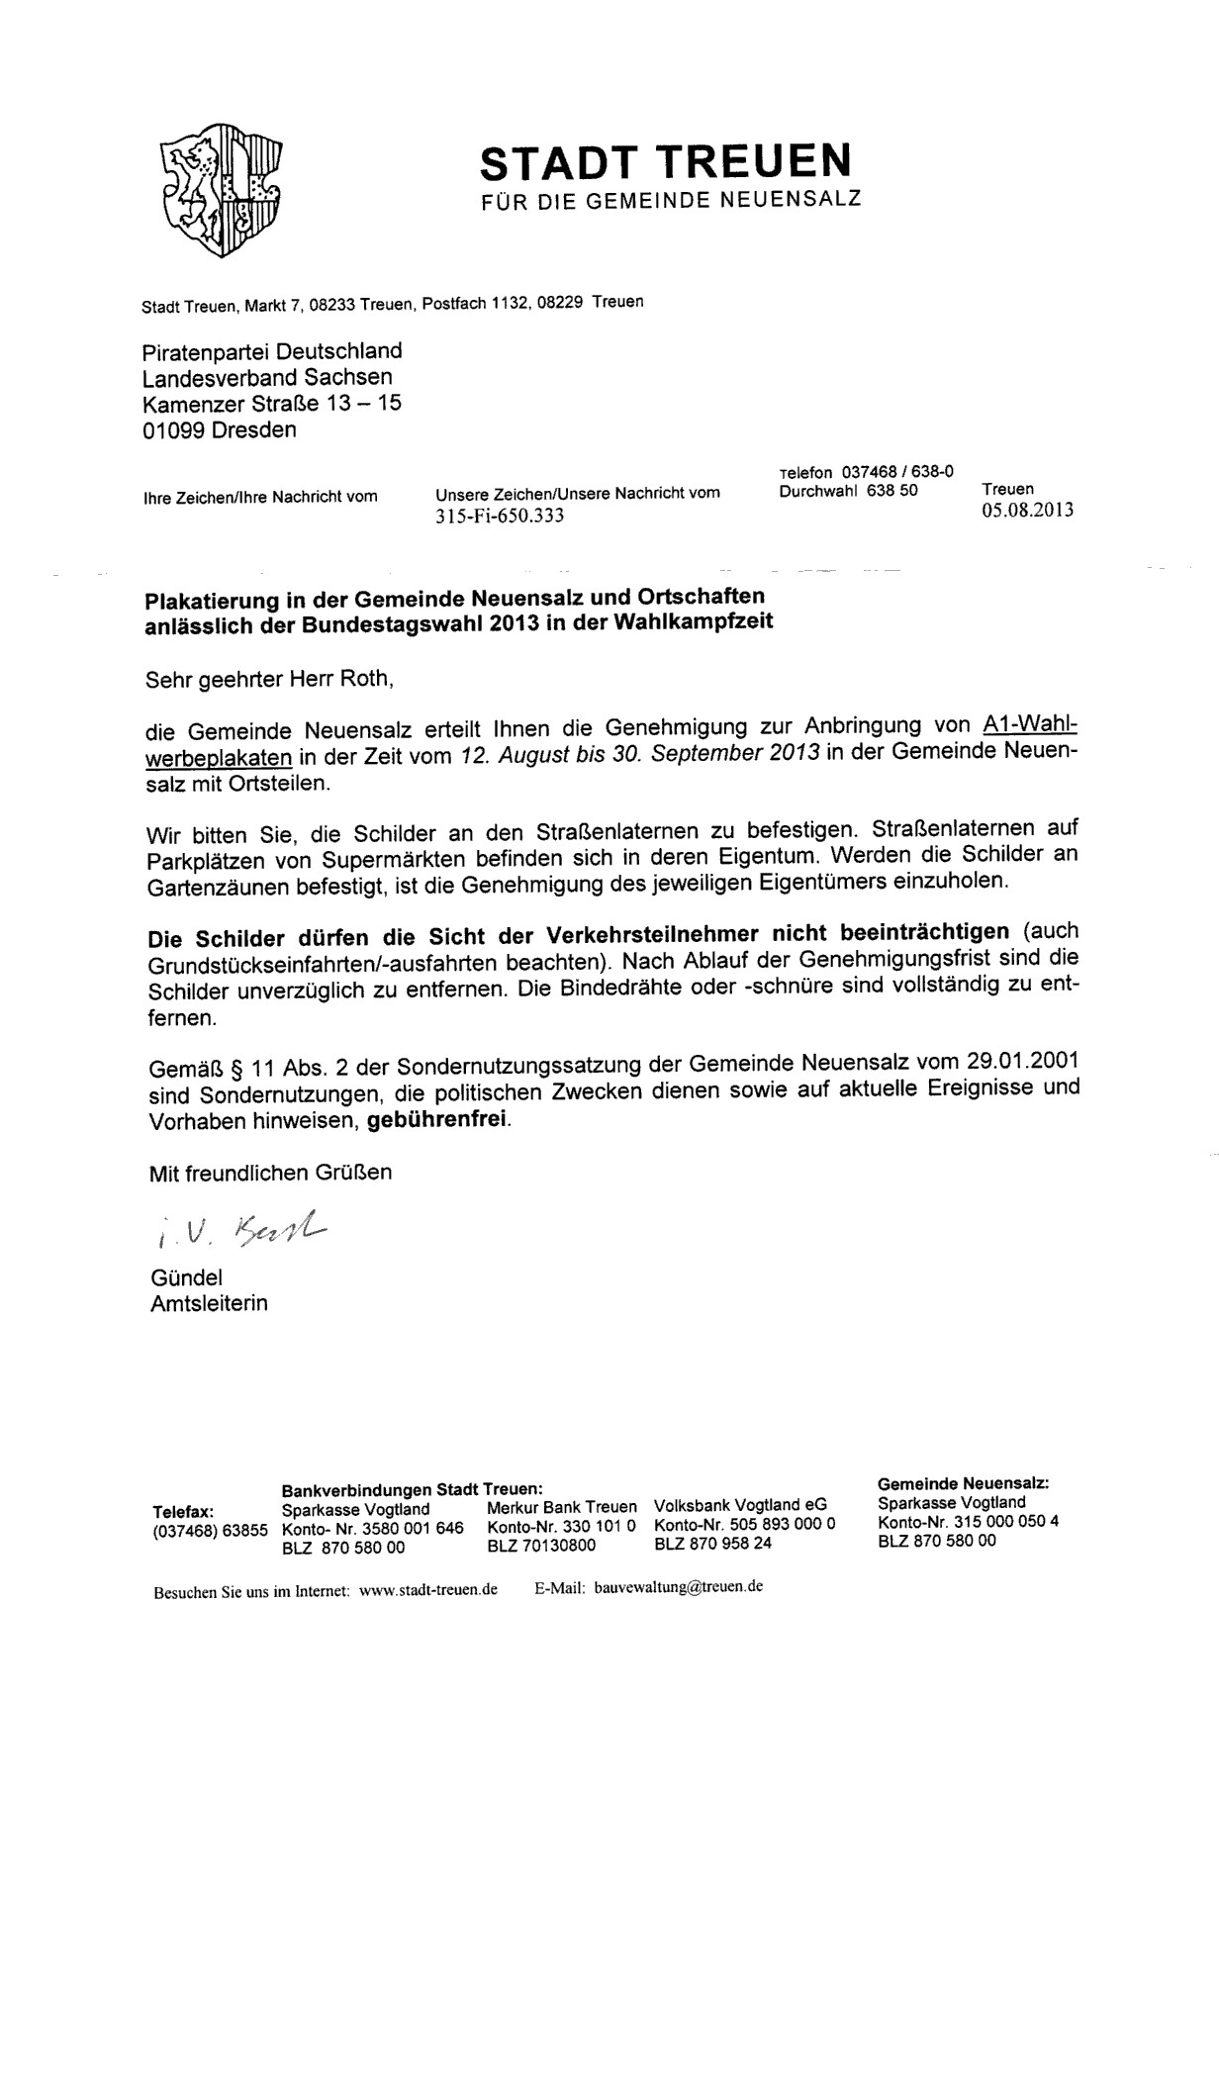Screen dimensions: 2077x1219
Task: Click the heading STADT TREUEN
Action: pos(665,161)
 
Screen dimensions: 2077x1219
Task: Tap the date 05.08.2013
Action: pos(1027,512)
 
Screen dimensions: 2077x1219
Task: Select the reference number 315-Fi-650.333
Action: pos(500,516)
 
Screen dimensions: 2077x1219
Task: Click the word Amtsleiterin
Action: pos(209,1303)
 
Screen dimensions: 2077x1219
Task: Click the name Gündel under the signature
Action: pos(186,1278)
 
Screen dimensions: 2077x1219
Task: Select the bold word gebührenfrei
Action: pos(438,1120)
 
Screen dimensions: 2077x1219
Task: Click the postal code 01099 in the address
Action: pos(174,430)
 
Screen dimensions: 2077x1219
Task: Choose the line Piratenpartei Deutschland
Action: pos(272,351)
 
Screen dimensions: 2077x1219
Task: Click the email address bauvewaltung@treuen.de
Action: pos(678,1585)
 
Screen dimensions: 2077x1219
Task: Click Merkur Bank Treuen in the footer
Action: pos(561,1506)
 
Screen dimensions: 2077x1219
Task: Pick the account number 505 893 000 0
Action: pos(777,1524)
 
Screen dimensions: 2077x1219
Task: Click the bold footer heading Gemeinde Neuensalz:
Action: pos(963,1482)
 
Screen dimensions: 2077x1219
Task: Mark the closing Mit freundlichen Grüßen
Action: pos(270,1173)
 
